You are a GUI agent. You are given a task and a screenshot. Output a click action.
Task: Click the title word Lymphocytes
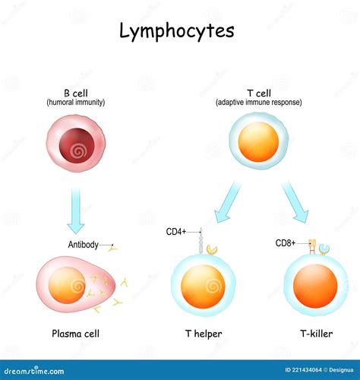(x=177, y=32)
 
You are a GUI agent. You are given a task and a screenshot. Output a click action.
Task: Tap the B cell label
(x=76, y=93)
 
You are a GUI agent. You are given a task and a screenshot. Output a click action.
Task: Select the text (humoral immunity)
(x=76, y=103)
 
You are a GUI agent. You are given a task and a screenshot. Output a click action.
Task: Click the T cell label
(x=259, y=93)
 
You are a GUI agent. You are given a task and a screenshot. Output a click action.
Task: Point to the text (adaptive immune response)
(x=259, y=103)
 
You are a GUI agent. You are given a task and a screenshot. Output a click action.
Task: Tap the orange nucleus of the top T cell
(x=258, y=141)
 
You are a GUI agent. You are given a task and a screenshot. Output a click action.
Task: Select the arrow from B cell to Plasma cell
(x=76, y=211)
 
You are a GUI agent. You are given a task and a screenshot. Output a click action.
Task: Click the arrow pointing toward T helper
(x=227, y=202)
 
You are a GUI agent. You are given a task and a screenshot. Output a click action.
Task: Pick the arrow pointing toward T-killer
(x=295, y=202)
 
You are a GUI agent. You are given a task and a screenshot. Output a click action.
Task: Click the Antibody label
(x=83, y=245)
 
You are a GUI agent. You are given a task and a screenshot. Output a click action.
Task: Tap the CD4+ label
(x=176, y=232)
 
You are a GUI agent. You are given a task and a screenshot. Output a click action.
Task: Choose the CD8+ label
(x=286, y=243)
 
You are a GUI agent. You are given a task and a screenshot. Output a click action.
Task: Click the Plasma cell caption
(x=75, y=334)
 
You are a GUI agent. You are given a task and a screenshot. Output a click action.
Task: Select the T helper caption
(x=204, y=334)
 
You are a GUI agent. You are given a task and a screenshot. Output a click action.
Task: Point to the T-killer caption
(x=317, y=334)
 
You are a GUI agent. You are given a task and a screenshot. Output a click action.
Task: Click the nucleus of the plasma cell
(x=67, y=285)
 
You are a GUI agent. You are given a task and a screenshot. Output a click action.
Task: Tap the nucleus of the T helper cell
(x=203, y=287)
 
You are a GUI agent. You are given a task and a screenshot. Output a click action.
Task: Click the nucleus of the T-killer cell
(x=315, y=287)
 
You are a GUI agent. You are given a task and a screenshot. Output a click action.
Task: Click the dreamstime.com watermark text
(x=34, y=371)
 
